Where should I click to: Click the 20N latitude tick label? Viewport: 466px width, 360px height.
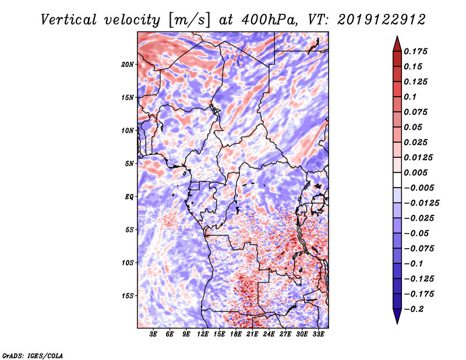(x=128, y=65)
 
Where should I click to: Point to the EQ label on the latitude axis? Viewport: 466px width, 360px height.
(x=129, y=197)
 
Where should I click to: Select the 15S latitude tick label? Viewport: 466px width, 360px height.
(x=128, y=296)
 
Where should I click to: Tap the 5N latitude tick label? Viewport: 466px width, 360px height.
(x=129, y=164)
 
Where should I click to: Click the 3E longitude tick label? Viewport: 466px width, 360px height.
(x=153, y=334)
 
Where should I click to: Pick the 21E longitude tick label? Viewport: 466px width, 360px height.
(x=252, y=334)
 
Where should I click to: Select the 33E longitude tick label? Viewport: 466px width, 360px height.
(x=318, y=334)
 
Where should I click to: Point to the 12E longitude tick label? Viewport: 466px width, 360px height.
(x=203, y=334)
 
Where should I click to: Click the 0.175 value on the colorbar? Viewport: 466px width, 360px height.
(x=415, y=51)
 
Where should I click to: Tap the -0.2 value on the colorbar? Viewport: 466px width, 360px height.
(x=414, y=309)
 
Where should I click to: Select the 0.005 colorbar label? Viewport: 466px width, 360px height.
(x=415, y=172)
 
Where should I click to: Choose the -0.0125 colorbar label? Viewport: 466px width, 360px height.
(x=421, y=203)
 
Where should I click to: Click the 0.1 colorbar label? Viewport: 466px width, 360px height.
(x=410, y=97)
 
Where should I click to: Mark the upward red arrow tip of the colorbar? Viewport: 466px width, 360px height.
(x=397, y=37)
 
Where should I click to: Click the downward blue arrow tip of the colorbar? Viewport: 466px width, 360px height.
(x=397, y=323)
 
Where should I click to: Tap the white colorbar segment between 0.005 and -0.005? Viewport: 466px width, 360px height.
(x=397, y=180)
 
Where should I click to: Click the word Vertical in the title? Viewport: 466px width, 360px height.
(x=69, y=20)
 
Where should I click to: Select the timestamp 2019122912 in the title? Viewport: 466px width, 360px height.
(x=382, y=20)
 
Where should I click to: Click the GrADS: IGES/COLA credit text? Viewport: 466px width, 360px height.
(x=33, y=355)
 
